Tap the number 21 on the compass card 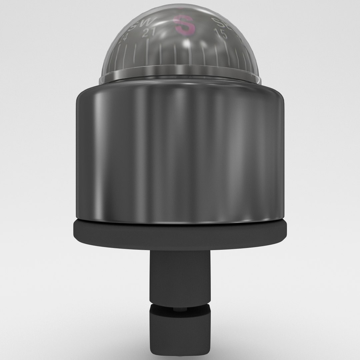click(148, 33)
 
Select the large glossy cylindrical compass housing click(180, 153)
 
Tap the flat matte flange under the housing click(180, 233)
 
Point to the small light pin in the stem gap click(180, 309)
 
